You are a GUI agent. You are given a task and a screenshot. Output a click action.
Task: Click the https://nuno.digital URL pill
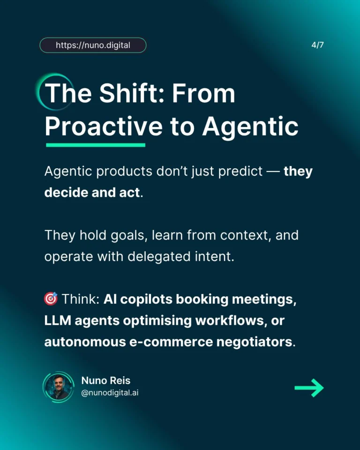93,45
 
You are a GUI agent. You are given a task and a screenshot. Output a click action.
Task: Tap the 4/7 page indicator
317,45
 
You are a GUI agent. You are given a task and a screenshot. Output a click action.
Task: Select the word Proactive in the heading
103,126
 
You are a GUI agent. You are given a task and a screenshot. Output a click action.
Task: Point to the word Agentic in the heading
250,126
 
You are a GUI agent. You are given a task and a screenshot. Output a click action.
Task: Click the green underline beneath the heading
96,145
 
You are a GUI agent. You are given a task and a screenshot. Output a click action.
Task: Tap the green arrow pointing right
309,388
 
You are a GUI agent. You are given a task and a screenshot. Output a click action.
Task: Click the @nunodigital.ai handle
110,393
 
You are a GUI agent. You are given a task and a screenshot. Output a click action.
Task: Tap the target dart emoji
51,299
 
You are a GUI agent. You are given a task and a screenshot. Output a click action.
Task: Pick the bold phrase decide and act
92,192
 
